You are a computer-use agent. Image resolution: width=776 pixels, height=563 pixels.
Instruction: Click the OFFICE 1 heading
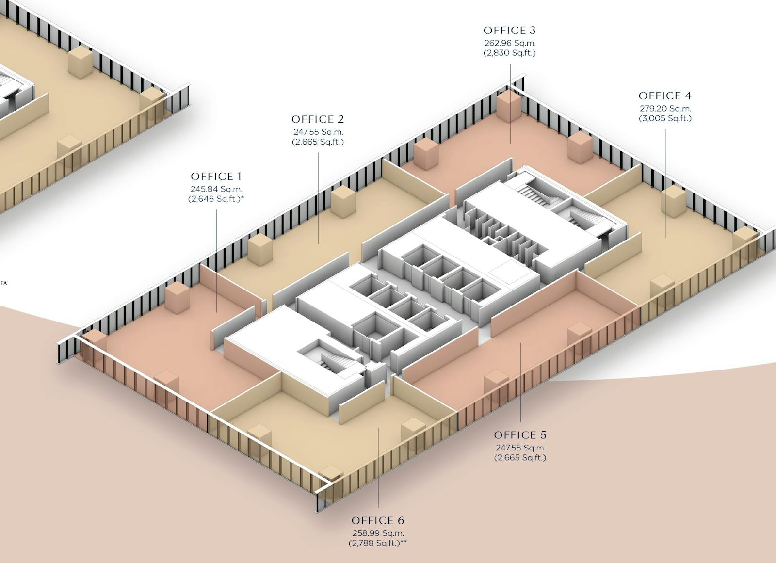click(x=216, y=177)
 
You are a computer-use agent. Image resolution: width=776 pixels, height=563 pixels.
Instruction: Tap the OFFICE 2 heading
click(x=318, y=119)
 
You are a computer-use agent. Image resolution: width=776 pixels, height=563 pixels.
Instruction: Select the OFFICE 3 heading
click(x=509, y=31)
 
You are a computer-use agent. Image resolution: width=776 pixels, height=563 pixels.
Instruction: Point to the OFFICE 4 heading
click(x=665, y=96)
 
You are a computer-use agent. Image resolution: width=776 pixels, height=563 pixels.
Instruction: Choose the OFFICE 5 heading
click(x=520, y=435)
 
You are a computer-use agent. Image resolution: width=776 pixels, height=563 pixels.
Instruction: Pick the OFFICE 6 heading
click(x=378, y=520)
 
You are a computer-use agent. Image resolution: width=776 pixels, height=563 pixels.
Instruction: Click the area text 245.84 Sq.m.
click(x=216, y=189)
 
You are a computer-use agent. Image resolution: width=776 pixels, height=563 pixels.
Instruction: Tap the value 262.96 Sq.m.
click(x=510, y=43)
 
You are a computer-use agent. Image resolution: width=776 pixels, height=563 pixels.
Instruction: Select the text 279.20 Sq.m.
click(x=665, y=109)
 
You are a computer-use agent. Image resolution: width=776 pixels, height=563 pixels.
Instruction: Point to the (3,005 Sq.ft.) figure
click(x=665, y=118)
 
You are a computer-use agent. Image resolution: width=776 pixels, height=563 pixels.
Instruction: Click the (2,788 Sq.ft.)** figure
click(x=378, y=543)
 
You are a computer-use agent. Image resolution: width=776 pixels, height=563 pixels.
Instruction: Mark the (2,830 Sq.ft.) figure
click(x=510, y=53)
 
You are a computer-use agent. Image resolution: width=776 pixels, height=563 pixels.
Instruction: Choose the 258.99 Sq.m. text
click(x=378, y=533)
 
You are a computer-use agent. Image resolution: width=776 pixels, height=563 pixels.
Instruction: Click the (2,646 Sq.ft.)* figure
click(x=216, y=199)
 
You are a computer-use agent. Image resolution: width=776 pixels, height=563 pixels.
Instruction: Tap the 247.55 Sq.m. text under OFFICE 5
click(x=520, y=448)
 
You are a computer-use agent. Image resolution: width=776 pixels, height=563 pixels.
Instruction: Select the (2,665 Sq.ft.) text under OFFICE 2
click(x=318, y=142)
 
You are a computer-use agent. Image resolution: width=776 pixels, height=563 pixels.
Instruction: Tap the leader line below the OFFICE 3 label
click(x=510, y=102)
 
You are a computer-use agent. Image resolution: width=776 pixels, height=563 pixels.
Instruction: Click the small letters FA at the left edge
click(x=4, y=283)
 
